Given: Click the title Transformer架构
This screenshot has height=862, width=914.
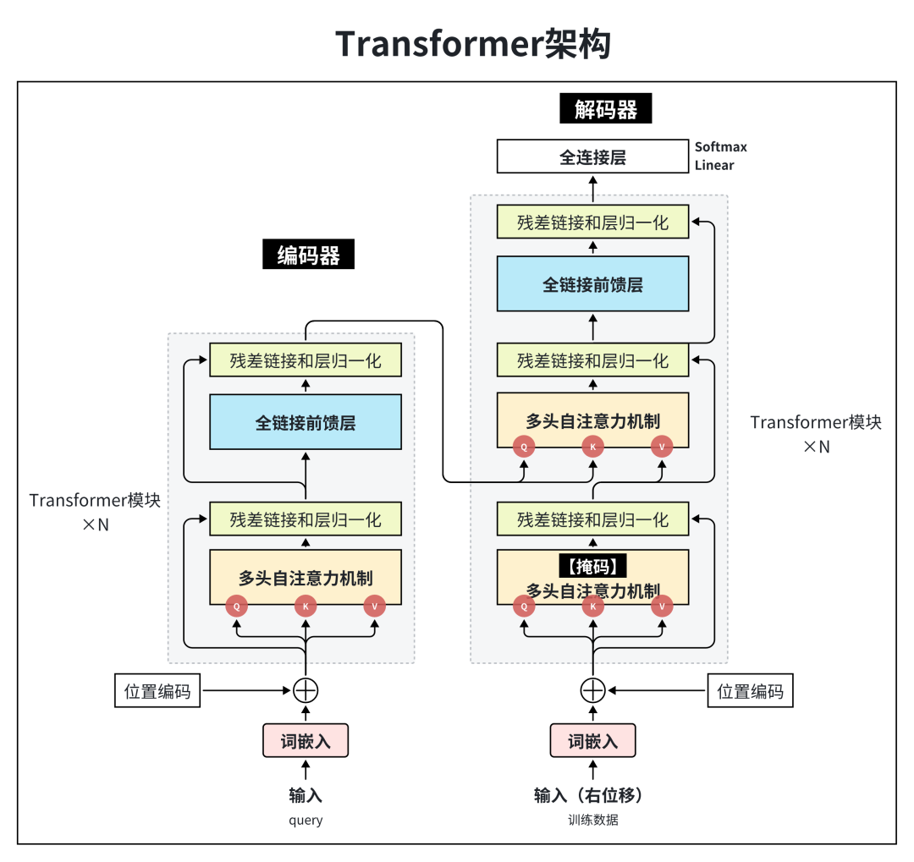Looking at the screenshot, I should coord(473,43).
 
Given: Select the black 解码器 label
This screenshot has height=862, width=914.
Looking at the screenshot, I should coord(605,110).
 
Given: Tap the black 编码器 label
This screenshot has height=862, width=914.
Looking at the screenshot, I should coord(308,255).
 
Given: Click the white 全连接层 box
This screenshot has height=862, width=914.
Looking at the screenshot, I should coord(592,157).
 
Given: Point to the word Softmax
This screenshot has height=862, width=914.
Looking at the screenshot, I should coord(721,147).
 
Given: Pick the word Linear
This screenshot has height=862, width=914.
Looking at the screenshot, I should coord(714,165).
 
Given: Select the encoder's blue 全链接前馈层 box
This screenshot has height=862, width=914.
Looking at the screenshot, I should coord(306,422).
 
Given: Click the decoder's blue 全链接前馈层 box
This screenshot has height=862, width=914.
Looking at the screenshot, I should coord(592,285).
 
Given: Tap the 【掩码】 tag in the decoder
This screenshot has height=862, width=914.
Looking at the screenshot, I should coord(592,565).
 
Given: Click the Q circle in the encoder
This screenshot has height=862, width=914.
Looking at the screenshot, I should coord(237,606).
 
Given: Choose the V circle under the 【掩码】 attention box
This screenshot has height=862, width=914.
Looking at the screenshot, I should coord(662,606).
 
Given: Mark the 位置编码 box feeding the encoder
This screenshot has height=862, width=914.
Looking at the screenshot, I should coord(158,691).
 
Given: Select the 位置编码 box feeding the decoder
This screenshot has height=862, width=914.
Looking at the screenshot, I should coord(751,691).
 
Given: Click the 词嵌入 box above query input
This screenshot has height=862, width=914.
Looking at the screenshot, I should coord(306,741).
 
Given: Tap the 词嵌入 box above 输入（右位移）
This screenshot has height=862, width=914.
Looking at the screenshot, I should coord(592,741).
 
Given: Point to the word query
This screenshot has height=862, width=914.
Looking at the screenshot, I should coord(306,820).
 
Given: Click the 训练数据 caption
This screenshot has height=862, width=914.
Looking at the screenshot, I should coord(592,820).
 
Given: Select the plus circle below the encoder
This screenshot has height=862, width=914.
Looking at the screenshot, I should coord(306,690).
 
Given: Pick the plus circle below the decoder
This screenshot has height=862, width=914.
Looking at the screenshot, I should coord(592,690).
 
